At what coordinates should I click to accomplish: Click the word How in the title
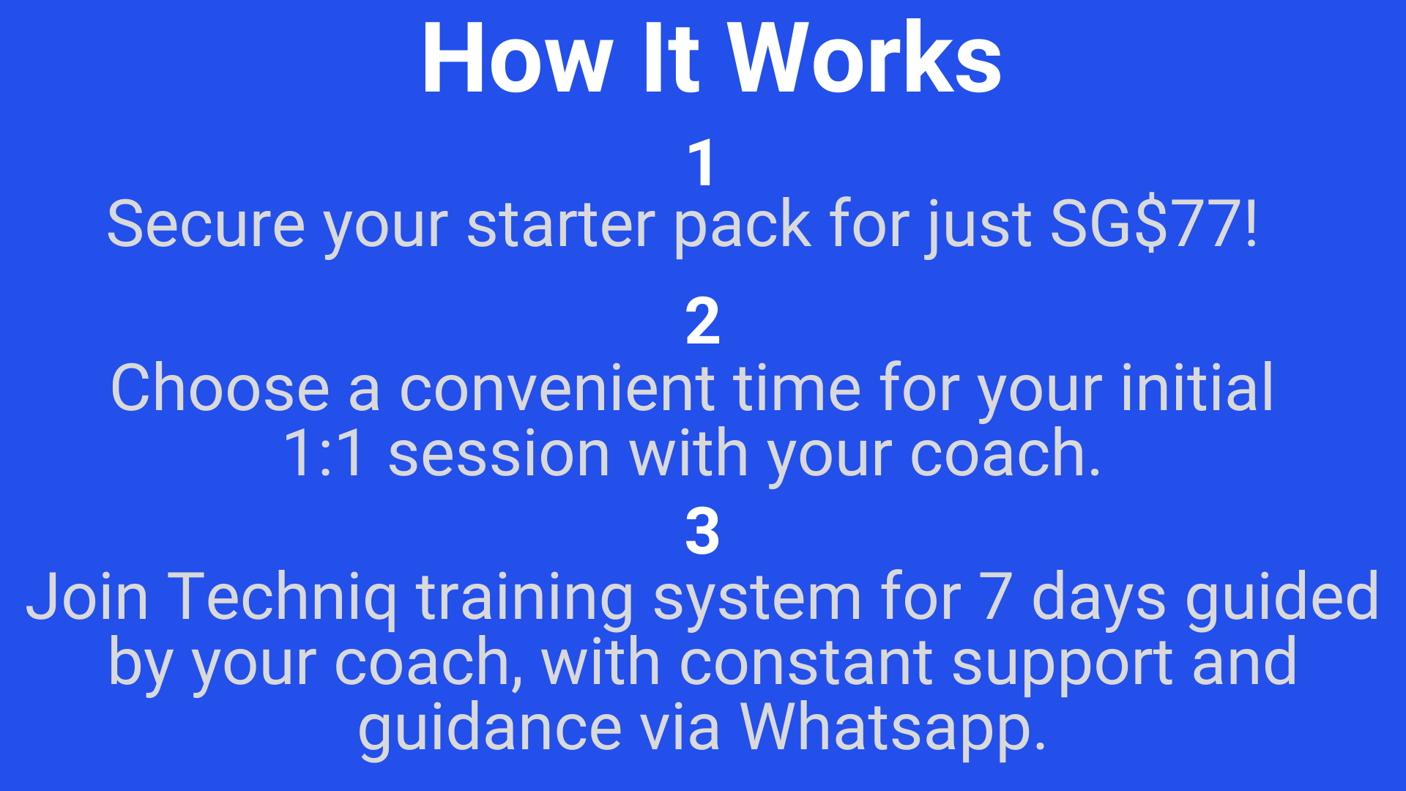coord(517,59)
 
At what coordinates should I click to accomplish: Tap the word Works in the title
coord(864,59)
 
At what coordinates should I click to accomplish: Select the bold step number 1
coord(702,163)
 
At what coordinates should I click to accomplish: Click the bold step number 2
coord(703,321)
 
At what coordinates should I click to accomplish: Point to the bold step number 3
coord(703,531)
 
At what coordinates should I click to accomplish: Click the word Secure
coord(206,224)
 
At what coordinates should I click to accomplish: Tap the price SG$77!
coord(1154,224)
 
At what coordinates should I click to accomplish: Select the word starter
coord(561,226)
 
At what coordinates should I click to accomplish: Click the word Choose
coord(220,388)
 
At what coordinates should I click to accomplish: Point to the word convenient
coord(557,388)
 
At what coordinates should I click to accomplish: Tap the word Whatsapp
coord(893,729)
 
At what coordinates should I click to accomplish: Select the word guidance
coord(490,729)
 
